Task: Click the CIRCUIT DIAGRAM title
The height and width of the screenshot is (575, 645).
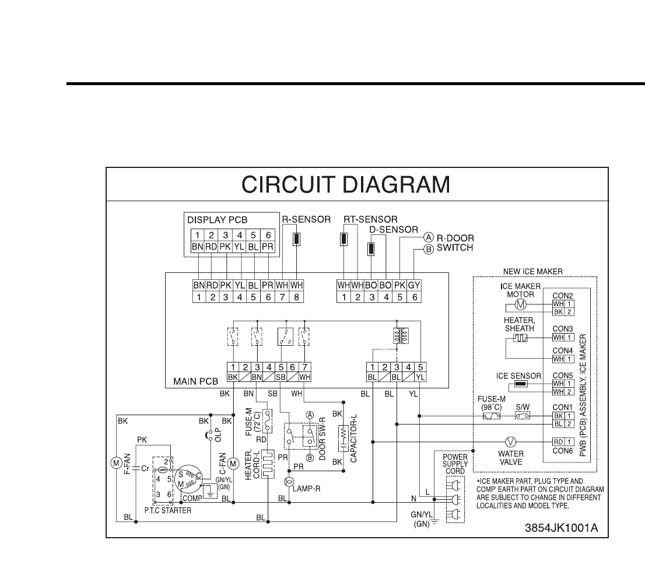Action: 346,185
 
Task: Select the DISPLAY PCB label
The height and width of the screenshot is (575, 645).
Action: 218,220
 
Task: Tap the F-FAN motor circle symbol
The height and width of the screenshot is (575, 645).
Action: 115,463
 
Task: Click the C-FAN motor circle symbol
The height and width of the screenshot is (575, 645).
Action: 233,463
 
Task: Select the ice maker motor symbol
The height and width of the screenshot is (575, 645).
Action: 523,304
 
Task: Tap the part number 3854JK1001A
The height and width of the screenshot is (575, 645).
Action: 562,528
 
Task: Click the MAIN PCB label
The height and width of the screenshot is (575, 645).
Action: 195,382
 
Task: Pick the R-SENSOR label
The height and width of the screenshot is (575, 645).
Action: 306,220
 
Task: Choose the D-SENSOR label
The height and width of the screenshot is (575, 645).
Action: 394,230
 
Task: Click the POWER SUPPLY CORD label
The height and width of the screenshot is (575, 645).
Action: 455,464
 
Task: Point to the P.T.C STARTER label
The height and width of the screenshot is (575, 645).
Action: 167,510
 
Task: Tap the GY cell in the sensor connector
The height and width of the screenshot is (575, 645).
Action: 413,286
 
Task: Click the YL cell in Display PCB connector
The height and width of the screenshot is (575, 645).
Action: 239,247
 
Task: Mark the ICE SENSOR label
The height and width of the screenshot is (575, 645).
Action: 518,376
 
